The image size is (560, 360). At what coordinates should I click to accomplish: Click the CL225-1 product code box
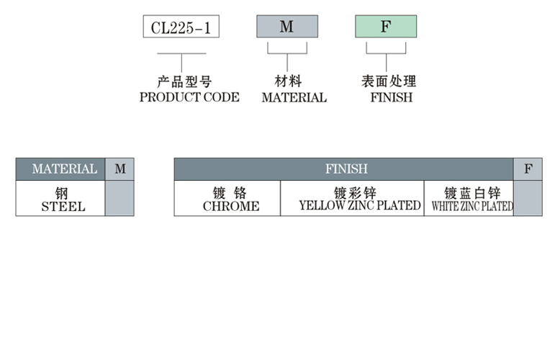181,27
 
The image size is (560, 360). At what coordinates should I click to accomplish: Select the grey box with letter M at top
286,27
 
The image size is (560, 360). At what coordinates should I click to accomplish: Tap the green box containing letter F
385,27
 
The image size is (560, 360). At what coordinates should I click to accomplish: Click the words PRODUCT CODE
189,97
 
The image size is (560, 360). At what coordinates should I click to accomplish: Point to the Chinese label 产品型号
184,82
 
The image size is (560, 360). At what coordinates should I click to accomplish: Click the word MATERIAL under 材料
294,97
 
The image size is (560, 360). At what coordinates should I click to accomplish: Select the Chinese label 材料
287,82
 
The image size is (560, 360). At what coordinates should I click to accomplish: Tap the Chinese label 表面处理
389,82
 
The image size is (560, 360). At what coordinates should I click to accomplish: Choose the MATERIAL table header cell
61,169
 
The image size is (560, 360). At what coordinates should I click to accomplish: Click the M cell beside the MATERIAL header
120,169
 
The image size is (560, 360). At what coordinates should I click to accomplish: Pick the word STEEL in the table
63,207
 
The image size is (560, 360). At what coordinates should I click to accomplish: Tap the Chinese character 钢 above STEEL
61,193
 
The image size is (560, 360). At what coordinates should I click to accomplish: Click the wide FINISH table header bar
344,169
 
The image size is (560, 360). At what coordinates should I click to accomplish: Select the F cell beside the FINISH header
528,169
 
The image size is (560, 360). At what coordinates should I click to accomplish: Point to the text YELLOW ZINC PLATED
360,206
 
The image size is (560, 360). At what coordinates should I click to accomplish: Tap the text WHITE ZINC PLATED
472,207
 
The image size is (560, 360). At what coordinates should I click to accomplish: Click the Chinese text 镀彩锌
356,193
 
